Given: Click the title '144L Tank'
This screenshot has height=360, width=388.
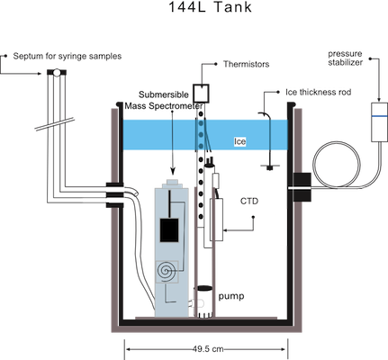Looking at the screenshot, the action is [210, 7].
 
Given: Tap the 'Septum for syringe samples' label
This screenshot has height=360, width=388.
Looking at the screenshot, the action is [68, 56].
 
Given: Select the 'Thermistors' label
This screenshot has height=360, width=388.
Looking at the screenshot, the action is [246, 64].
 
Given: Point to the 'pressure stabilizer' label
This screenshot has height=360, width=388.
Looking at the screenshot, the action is [345, 58].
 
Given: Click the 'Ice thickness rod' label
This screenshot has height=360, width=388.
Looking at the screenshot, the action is [318, 92].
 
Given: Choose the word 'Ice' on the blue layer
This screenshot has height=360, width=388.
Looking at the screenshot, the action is [239, 141].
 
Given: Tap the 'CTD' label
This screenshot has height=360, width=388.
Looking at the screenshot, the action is [249, 201].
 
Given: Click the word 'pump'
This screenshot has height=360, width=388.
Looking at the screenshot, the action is [231, 296].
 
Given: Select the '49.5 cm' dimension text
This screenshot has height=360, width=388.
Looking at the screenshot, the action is [208, 349].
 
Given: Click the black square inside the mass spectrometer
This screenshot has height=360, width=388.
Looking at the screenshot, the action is [169, 230].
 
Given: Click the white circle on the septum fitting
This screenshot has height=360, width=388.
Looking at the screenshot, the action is [57, 72].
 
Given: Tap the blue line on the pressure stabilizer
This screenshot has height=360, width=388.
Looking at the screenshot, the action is [380, 116].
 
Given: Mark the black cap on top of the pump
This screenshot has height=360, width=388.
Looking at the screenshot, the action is [204, 288].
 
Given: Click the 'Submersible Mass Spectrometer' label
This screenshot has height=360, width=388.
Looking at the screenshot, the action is [164, 100].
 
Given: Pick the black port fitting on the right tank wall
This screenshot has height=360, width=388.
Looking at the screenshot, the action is [302, 187].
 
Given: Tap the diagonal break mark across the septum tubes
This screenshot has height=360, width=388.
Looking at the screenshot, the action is [55, 124].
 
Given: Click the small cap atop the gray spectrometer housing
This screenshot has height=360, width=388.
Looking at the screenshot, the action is [173, 183].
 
